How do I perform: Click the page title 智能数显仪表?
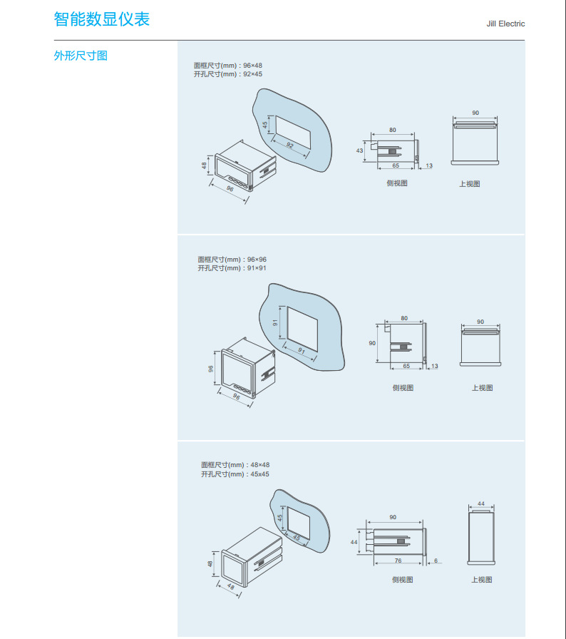coord(102,19)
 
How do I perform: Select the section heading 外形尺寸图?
coord(81,56)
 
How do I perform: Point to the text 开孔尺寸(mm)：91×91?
coord(232,268)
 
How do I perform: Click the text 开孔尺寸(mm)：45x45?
coord(235,474)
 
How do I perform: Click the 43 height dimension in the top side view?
coord(359,150)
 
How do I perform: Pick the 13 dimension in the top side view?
coord(428,165)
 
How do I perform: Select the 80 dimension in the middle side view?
coord(404,318)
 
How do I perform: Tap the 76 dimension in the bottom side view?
coord(398,561)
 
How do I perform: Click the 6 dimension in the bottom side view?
coord(435,561)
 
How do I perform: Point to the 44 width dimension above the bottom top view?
coord(481,503)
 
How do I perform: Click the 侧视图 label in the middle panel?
coord(403,388)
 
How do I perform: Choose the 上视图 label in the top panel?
coord(469,184)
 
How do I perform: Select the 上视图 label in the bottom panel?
coord(481,580)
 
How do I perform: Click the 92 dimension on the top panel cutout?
coord(289,145)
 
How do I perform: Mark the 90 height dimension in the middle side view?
coord(371,343)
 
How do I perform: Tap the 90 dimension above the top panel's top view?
coord(475,113)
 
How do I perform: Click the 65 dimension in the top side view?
coord(396,165)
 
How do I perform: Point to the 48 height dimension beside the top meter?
coord(205,166)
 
